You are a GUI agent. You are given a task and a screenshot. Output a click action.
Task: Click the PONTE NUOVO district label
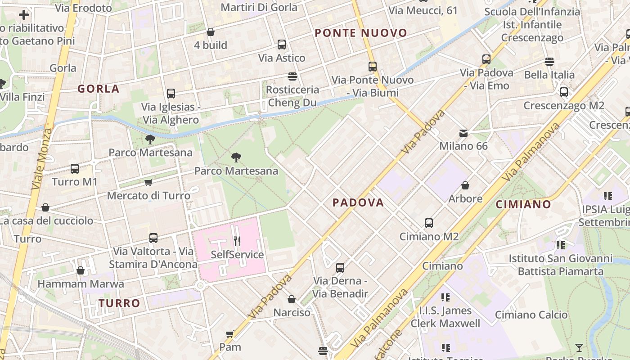tap(361, 33)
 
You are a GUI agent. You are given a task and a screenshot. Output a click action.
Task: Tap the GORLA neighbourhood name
tap(99, 89)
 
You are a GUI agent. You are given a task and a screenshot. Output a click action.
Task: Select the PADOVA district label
tap(358, 202)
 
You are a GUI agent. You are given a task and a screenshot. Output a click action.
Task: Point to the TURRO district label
tap(120, 303)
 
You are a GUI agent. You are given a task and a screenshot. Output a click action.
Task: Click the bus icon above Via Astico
tap(282, 45)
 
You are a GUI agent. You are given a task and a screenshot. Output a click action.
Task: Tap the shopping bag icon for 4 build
tap(210, 32)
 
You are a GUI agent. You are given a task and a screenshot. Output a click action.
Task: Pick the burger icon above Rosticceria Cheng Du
tap(292, 76)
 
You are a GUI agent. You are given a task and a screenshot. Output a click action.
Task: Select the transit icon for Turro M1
tap(75, 169)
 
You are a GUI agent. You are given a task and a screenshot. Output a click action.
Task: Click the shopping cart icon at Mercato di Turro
tap(148, 183)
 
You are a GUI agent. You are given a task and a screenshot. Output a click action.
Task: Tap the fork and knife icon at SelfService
tap(237, 241)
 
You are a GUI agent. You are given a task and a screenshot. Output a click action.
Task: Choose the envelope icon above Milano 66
tap(463, 133)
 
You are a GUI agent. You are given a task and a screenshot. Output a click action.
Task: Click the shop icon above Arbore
tap(465, 185)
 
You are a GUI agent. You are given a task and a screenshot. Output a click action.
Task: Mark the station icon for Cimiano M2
tap(429, 223)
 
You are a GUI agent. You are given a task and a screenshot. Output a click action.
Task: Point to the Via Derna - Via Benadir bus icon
tap(340, 268)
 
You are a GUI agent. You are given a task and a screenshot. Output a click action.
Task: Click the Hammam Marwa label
tap(81, 284)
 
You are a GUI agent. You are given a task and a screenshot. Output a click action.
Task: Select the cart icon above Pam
tap(230, 334)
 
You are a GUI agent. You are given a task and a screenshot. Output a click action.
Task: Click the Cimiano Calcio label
tap(531, 315)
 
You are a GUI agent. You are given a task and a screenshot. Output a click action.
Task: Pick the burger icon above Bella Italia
tap(549, 62)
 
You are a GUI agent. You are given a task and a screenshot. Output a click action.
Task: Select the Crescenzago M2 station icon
tap(563, 92)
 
